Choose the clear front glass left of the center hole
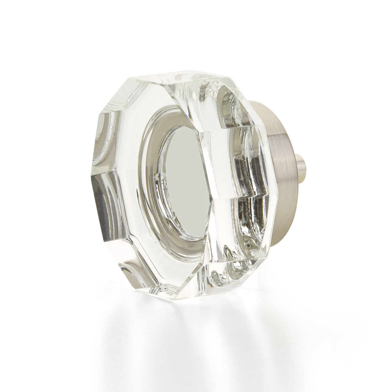pyautogui.click(x=131, y=163)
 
